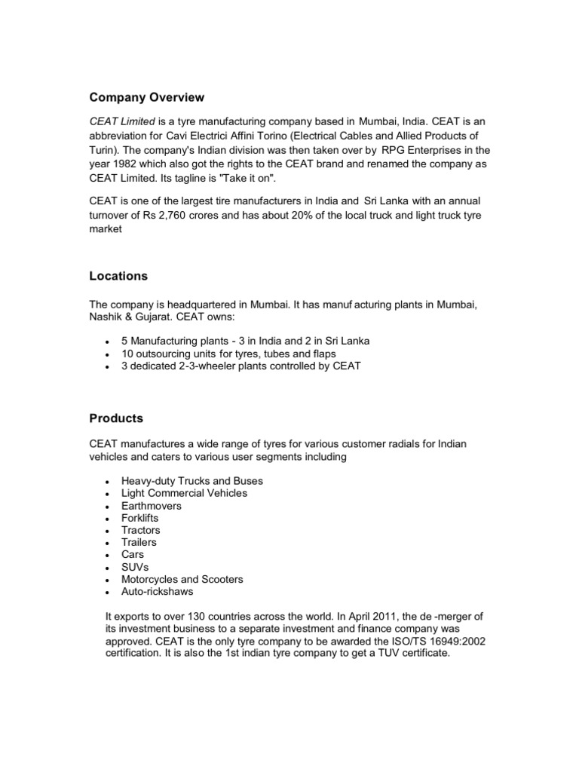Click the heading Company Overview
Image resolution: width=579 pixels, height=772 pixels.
pyautogui.click(x=147, y=97)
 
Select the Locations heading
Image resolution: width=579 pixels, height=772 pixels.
pyautogui.click(x=118, y=277)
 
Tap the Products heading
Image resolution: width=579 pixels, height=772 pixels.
pyautogui.click(x=116, y=418)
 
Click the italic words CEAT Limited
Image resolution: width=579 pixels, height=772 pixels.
pyautogui.click(x=122, y=121)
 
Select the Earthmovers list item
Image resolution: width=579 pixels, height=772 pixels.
pyautogui.click(x=152, y=506)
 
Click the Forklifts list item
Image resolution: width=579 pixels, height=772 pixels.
pyautogui.click(x=140, y=518)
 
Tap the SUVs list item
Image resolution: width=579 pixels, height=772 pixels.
pyautogui.click(x=135, y=567)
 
